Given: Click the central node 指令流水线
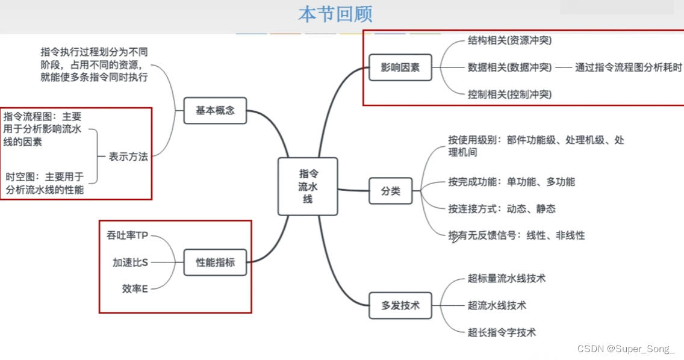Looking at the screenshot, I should point(308,186).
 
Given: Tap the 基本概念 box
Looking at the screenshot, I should point(215,111).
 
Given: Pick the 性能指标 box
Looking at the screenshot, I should point(215,262).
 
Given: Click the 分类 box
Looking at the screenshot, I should point(390,191).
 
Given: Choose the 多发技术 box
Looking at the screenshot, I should point(400,305).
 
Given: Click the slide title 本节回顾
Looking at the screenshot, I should point(335,14).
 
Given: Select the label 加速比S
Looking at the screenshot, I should point(130,262).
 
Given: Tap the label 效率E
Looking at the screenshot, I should point(135,289).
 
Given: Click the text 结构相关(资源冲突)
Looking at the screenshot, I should point(509,41).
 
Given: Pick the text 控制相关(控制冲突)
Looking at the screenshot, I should point(509,94).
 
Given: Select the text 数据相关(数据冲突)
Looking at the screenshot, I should point(509,67).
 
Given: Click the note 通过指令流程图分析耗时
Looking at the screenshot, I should point(628,67).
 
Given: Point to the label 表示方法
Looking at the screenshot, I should point(128,157).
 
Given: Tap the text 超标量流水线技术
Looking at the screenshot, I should point(506,279).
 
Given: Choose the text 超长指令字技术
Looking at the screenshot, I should point(502,332).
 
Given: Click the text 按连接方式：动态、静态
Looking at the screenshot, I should point(502,209).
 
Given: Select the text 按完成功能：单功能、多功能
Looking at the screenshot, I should point(511,182).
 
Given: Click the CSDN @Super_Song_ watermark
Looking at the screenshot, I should point(626,349).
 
